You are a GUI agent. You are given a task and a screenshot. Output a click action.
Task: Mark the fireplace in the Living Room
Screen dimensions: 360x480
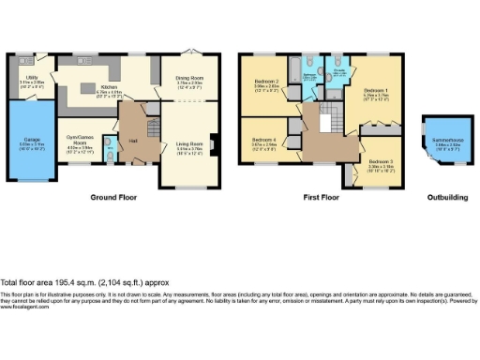[x=215, y=144]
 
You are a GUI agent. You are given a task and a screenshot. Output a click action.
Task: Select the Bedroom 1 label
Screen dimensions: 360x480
[x=376, y=94]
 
